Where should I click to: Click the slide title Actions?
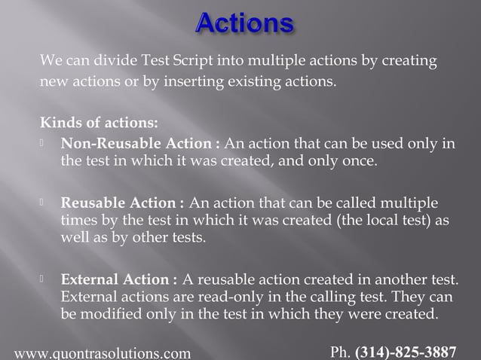pyautogui.click(x=244, y=23)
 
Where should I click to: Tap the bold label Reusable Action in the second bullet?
pyautogui.click(x=121, y=203)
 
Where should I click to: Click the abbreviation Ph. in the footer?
pyautogui.click(x=341, y=352)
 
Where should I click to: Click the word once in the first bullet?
pyautogui.click(x=356, y=160)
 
